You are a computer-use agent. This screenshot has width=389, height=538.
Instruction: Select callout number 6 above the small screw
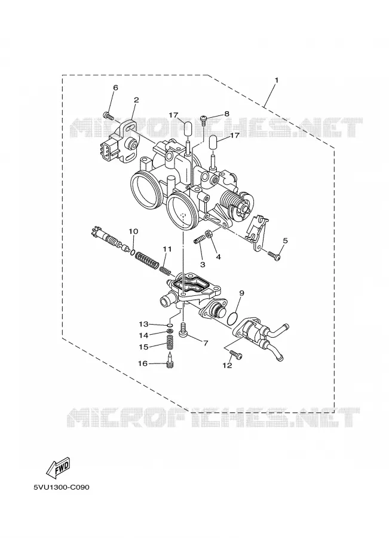[115, 88]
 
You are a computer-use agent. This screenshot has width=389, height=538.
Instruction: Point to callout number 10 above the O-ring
[133, 231]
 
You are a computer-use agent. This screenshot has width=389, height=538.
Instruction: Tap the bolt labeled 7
[183, 330]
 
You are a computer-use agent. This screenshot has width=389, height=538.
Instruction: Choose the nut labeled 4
[209, 235]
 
